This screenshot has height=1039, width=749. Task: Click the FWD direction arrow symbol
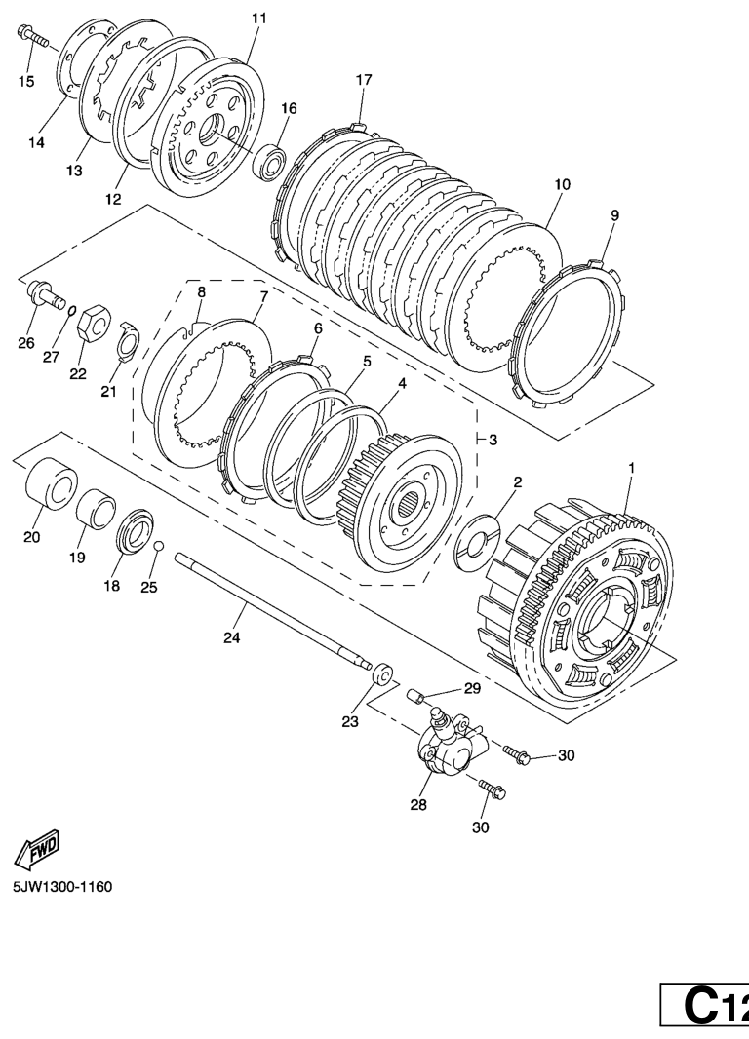tap(37, 850)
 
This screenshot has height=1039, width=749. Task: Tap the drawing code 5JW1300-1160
tap(63, 887)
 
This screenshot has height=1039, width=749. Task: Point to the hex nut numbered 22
tap(93, 322)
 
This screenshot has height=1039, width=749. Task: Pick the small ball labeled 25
tap(158, 546)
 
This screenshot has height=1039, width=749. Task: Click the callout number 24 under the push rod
tap(231, 637)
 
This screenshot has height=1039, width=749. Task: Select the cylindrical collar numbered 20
tap(51, 483)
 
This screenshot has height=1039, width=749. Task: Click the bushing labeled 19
tap(97, 507)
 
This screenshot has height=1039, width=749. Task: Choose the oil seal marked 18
tap(135, 530)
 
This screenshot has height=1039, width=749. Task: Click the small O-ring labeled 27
tap(72, 312)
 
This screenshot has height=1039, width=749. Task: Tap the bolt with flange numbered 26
tap(47, 295)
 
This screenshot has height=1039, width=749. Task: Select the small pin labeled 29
tap(414, 697)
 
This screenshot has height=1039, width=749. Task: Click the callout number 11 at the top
tap(259, 18)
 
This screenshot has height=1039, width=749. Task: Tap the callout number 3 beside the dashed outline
tap(493, 440)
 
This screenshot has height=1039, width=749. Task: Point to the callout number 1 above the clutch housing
tap(632, 468)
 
